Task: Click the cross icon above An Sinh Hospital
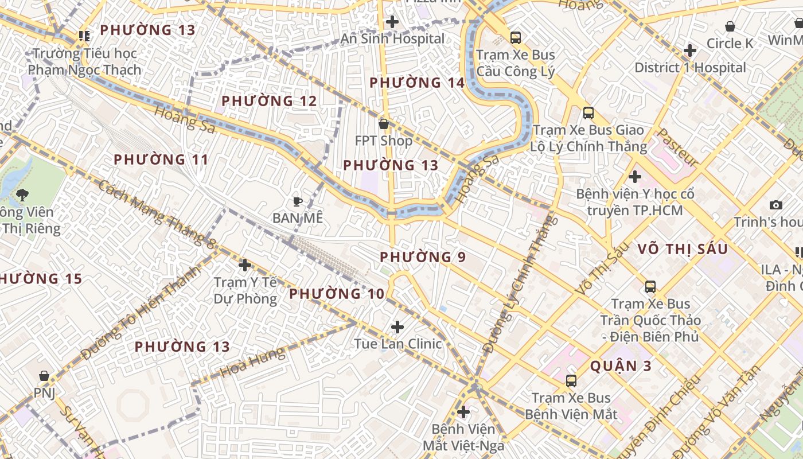(x=392, y=22)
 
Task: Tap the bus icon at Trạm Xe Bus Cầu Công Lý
(x=516, y=38)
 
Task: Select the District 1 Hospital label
(x=690, y=68)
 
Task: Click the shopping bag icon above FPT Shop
(x=384, y=124)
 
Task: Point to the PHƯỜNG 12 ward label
(x=269, y=101)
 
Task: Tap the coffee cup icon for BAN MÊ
(x=297, y=201)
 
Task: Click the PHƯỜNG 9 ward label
(x=423, y=256)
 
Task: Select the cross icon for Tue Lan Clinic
(x=397, y=327)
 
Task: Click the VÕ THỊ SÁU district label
(x=683, y=249)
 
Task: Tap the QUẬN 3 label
(x=621, y=365)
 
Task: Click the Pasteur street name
(x=675, y=147)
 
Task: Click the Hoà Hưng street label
(x=252, y=361)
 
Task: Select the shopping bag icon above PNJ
(x=44, y=376)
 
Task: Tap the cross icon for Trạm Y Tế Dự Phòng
(x=245, y=265)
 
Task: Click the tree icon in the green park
(x=22, y=195)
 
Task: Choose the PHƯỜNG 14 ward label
(x=416, y=83)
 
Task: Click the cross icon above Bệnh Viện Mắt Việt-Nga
(x=463, y=412)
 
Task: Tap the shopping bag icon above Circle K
(x=730, y=26)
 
